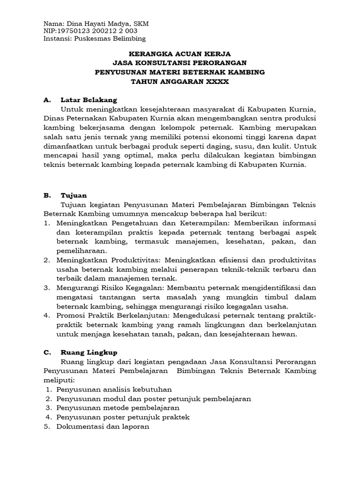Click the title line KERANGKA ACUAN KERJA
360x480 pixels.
click(x=180, y=54)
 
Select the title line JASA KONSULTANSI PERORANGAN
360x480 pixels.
click(x=180, y=63)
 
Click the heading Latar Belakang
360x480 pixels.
click(x=89, y=100)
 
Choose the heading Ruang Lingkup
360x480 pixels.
click(x=89, y=352)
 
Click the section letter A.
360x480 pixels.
click(x=46, y=100)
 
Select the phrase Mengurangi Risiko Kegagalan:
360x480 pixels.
click(x=109, y=287)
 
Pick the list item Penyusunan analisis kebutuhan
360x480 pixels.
click(x=114, y=389)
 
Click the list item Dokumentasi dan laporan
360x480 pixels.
click(x=103, y=427)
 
